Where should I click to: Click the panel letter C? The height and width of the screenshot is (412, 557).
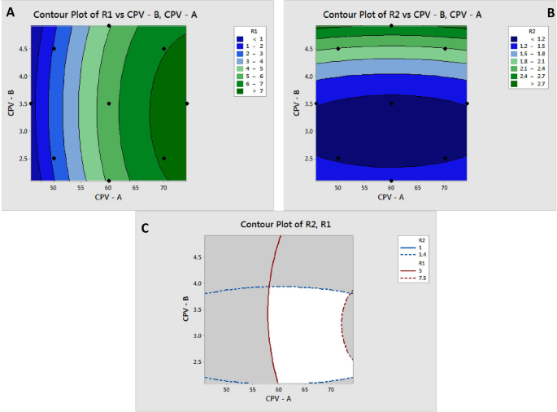[145, 228]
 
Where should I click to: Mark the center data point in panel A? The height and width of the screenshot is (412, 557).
[109, 103]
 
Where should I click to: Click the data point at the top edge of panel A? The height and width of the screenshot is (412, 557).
[109, 26]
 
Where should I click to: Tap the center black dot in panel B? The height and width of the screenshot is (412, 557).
[391, 103]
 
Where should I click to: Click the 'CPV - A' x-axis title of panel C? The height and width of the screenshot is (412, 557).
[279, 400]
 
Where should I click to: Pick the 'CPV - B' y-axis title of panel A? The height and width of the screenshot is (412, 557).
[10, 103]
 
